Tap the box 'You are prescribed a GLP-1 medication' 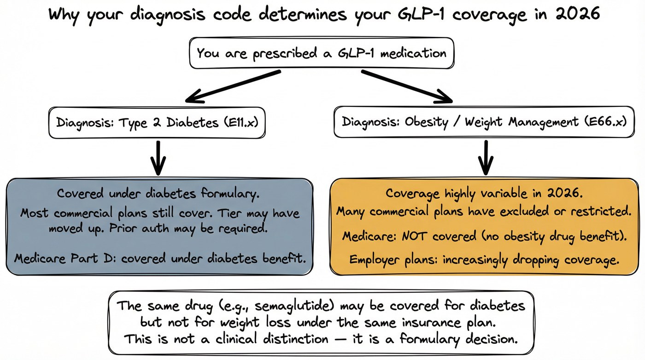click(x=321, y=53)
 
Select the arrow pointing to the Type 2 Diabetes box click(x=233, y=86)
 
